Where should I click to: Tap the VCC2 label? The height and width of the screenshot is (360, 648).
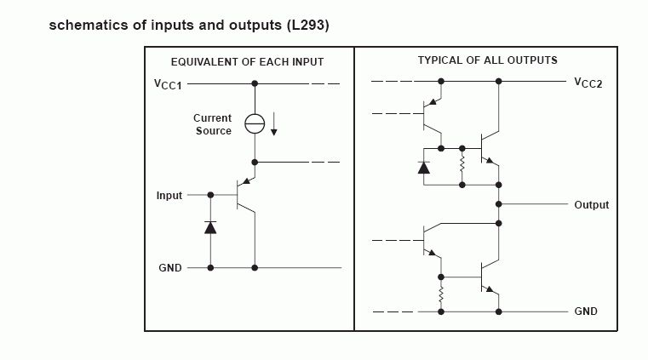tap(588, 83)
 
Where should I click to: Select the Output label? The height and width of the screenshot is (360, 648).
tap(591, 205)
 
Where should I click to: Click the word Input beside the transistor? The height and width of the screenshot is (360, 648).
tap(169, 196)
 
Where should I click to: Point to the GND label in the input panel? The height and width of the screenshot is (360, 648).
tap(170, 267)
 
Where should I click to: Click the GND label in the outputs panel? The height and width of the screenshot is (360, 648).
tap(586, 311)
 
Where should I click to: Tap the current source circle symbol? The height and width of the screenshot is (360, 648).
tap(255, 123)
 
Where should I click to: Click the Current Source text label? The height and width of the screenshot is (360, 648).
tap(212, 124)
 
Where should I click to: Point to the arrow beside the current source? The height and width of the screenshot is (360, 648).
tap(274, 124)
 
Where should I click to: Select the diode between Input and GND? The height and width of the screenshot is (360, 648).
tap(210, 227)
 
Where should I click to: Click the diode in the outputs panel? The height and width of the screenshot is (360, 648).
tap(424, 166)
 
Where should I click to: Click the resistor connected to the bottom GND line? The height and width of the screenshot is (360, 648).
tap(441, 294)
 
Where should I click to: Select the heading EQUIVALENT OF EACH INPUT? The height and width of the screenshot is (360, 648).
tap(247, 62)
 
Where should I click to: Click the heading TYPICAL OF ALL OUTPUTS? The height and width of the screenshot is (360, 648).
tap(487, 60)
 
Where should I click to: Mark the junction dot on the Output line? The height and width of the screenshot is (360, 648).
tap(499, 204)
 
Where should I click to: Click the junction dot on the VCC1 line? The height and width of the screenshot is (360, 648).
tap(255, 84)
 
